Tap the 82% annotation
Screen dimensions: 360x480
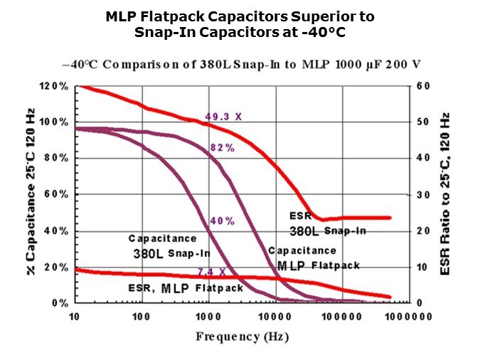click(x=223, y=147)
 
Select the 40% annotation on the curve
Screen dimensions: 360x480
click(x=222, y=221)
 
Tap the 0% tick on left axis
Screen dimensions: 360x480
click(x=61, y=303)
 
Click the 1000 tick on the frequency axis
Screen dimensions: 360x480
click(x=209, y=315)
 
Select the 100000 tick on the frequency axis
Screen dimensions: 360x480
click(x=341, y=315)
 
